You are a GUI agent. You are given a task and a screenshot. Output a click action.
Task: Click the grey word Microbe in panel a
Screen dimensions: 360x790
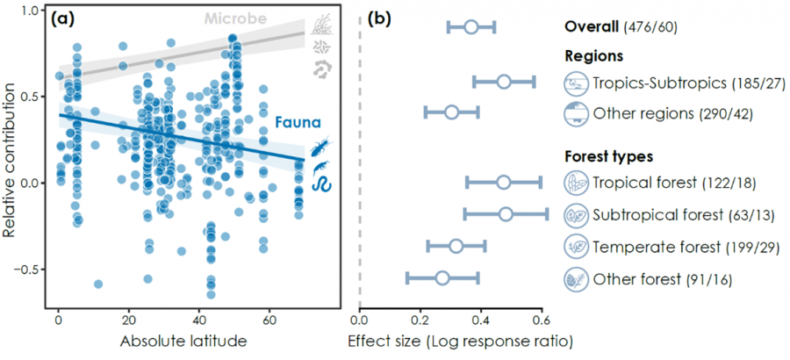pyautogui.click(x=231, y=18)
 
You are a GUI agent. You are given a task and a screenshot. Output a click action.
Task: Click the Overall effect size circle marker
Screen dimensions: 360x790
pyautogui.click(x=471, y=27)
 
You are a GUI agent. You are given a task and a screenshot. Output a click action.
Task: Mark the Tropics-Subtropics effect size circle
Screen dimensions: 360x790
pyautogui.click(x=504, y=82)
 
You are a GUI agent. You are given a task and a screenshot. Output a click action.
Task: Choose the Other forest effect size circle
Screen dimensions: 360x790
pyautogui.click(x=442, y=278)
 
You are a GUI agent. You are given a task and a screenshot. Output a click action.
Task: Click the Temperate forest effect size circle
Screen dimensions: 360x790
pyautogui.click(x=456, y=246)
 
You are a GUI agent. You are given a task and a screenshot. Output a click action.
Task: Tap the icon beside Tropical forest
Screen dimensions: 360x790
pyautogui.click(x=576, y=183)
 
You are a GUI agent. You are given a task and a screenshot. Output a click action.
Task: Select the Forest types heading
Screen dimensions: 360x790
pyautogui.click(x=608, y=157)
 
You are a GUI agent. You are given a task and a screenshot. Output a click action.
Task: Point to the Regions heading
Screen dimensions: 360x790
pyautogui.click(x=593, y=55)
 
